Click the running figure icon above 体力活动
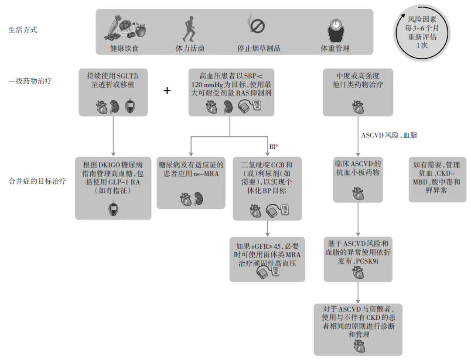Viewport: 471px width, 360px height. (x=189, y=28)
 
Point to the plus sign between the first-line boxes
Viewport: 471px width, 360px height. (x=167, y=91)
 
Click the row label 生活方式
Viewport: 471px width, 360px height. (x=23, y=30)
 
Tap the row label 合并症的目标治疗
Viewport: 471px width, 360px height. (x=38, y=180)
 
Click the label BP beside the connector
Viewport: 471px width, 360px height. (x=273, y=147)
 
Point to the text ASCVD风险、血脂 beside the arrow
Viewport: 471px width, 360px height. (x=389, y=135)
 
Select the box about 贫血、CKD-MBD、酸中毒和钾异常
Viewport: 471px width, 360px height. (x=437, y=179)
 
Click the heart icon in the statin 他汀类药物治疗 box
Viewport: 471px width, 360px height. (x=358, y=106)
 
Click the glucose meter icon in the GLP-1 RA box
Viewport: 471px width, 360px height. (x=113, y=210)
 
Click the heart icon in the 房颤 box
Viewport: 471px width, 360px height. (x=358, y=346)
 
